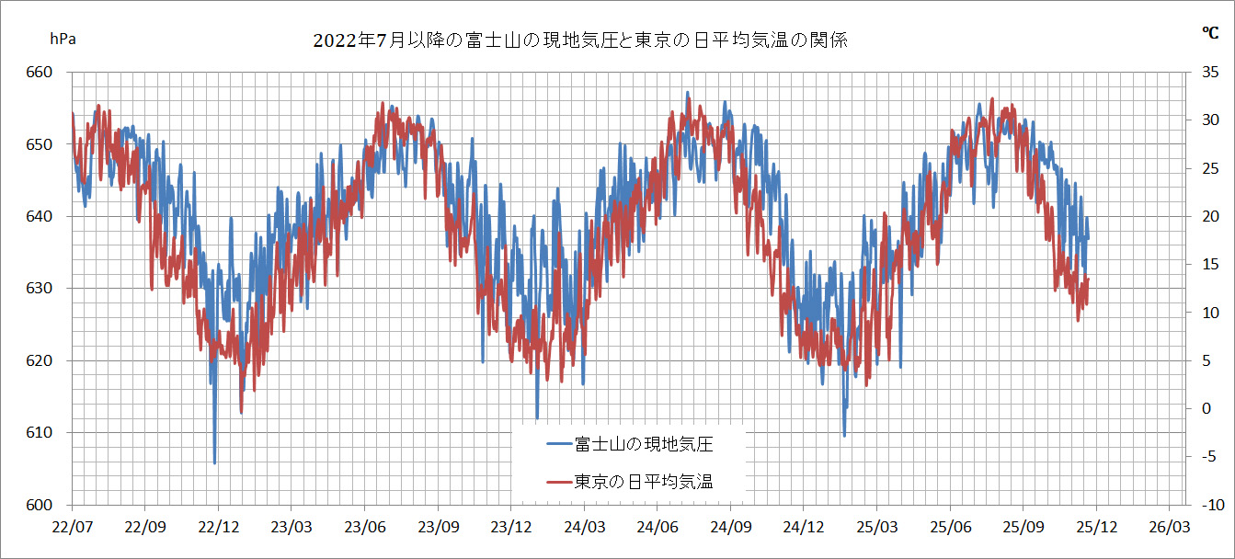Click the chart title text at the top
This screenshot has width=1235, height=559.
[579, 40]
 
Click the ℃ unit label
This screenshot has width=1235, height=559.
[1210, 32]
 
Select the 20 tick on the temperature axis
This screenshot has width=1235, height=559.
[1206, 216]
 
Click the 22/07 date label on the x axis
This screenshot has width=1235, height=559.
[72, 529]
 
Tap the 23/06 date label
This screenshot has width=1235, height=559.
[364, 529]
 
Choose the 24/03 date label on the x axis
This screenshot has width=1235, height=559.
[584, 529]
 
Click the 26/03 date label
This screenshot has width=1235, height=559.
[1168, 529]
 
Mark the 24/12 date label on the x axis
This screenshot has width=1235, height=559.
[803, 529]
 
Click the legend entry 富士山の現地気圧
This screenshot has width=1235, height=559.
[644, 445]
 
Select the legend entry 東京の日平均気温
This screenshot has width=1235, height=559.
[644, 481]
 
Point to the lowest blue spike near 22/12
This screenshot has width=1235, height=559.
[215, 462]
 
